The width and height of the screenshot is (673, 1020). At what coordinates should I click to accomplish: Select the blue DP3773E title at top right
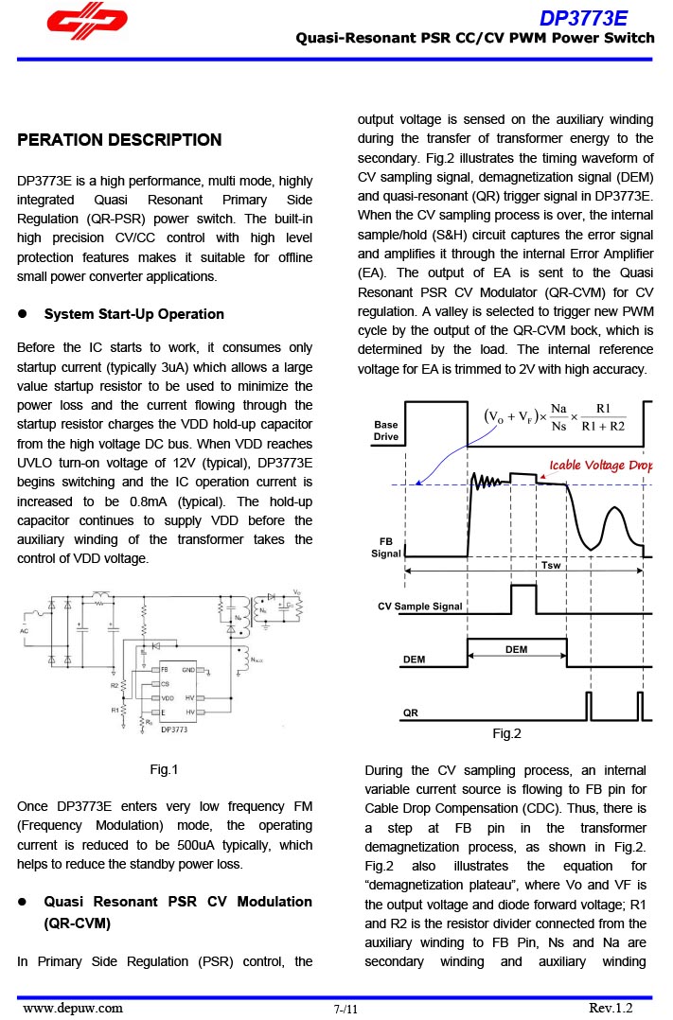583,19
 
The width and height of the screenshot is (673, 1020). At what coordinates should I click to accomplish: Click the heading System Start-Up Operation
134,314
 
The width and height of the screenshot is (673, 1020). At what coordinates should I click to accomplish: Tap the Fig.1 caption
164,769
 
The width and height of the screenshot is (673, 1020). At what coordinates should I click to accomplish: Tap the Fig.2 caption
506,733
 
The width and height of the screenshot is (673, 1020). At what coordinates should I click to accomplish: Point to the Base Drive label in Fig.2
386,431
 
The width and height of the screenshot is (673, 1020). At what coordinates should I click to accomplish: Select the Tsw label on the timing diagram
550,565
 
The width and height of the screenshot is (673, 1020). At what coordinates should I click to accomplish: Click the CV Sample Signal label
420,607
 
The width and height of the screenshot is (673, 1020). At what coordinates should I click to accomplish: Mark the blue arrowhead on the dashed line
418,483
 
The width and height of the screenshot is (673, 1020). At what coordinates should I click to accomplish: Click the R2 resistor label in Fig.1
114,684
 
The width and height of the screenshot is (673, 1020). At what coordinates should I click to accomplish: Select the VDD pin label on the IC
168,697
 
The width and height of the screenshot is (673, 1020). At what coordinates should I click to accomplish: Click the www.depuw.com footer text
73,1008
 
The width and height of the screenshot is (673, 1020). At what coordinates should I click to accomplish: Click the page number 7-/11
346,1010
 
